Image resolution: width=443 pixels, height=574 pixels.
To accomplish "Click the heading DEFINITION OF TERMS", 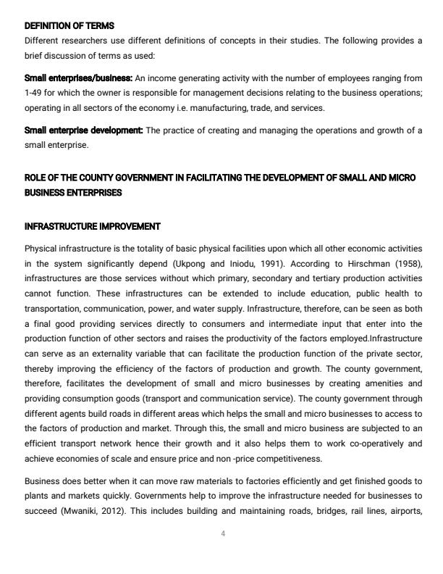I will (69, 26).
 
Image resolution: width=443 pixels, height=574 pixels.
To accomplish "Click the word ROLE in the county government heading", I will (35, 178).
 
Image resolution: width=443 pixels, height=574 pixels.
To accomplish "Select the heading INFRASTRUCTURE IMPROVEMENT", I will (92, 227).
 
